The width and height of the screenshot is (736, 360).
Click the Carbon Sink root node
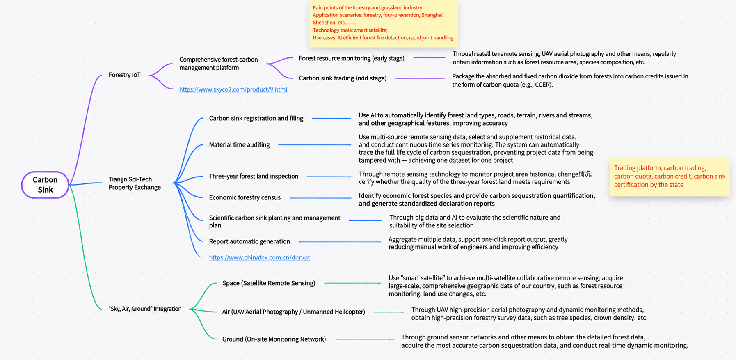(x=45, y=185)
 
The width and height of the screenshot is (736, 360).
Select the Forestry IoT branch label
(x=124, y=75)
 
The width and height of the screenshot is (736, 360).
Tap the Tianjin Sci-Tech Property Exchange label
(x=135, y=183)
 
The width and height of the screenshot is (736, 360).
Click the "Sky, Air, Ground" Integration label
(x=145, y=309)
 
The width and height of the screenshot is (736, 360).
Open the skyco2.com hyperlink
(x=233, y=89)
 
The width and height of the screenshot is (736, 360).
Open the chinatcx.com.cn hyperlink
(x=259, y=257)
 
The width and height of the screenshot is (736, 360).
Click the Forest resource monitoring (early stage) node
(x=352, y=58)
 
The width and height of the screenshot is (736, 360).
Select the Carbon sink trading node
(x=343, y=78)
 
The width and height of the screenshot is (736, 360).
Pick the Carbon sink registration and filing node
(x=256, y=118)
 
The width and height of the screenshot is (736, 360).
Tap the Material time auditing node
(x=239, y=144)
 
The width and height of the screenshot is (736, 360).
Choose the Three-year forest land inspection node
(x=254, y=176)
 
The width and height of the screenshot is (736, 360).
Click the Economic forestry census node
(x=245, y=197)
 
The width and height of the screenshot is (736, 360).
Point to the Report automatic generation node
(x=249, y=241)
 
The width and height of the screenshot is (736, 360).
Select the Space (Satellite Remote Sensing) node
(x=269, y=283)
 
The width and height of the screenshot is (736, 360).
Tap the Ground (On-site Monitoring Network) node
(x=274, y=339)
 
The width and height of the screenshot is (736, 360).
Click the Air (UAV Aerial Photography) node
(x=293, y=312)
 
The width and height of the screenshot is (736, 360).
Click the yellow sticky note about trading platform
(x=670, y=177)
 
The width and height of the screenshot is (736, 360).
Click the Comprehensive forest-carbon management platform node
(x=218, y=64)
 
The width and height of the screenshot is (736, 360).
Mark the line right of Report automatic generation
(x=340, y=242)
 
